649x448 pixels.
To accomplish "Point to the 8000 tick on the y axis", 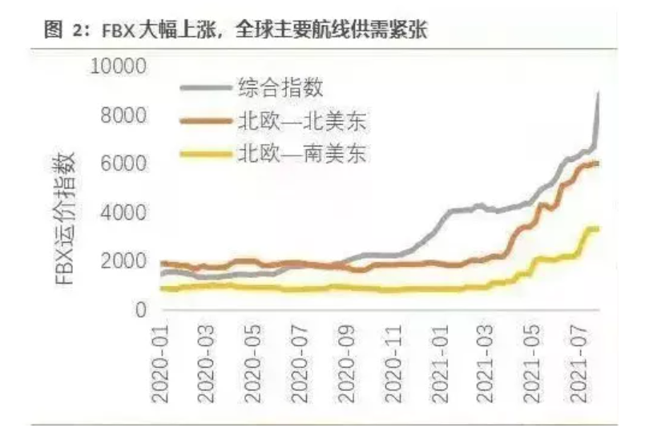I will point(123,115).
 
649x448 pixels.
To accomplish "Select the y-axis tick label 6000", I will point(123,164).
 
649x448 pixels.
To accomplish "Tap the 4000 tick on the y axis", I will point(123,213).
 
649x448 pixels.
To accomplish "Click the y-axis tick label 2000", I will point(123,261).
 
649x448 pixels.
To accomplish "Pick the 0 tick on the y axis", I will point(138,310).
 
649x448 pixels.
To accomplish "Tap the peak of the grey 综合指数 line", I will point(598,94).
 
